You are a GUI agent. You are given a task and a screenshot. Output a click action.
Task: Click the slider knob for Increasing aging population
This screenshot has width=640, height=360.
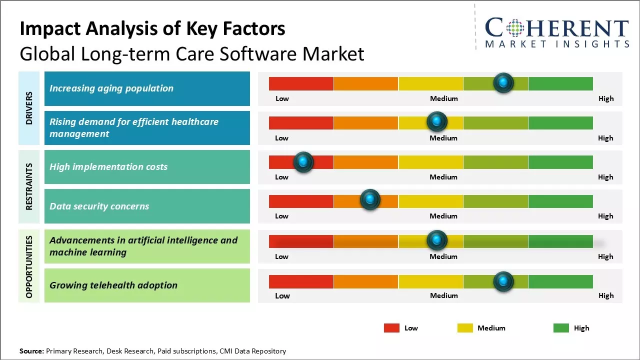pos(503,82)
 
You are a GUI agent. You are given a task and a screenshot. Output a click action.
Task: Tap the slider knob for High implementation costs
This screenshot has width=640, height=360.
pos(303,162)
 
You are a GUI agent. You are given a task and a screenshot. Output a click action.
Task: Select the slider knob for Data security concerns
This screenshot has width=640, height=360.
pos(370,200)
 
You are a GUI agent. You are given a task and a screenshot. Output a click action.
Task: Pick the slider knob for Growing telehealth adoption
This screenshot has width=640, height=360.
pos(503,281)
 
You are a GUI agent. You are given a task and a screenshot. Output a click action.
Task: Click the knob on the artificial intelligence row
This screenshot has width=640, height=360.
pos(437,240)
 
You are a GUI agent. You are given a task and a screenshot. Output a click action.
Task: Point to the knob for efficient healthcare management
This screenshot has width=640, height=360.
pos(437,121)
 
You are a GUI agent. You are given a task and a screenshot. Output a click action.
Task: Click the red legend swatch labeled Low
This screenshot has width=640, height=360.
pos(391,328)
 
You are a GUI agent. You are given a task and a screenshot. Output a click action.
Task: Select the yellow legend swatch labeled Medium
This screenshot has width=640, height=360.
pos(465,328)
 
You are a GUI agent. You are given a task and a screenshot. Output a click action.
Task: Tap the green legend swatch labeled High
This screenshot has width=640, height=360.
pos(561,328)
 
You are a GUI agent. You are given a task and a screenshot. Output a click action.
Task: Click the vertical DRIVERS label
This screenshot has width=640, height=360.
pos(29,108)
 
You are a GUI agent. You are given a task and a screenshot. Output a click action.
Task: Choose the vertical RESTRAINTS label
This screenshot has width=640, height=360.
pos(29,186)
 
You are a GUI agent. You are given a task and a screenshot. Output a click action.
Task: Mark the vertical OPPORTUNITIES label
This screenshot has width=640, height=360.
pos(29,267)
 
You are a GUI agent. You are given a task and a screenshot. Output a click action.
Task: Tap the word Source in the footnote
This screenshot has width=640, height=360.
pos(31,351)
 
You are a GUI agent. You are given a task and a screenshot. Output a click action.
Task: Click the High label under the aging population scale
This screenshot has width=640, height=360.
pos(606,98)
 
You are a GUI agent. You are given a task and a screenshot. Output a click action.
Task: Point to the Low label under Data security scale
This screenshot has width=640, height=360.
pos(281,216)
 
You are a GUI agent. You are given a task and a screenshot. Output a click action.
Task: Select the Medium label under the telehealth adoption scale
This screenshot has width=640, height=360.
pos(443,295)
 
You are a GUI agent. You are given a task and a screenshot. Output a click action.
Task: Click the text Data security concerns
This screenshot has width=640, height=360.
pos(99,206)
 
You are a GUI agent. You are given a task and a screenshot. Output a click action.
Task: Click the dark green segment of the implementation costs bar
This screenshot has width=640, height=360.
pos(560,162)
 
